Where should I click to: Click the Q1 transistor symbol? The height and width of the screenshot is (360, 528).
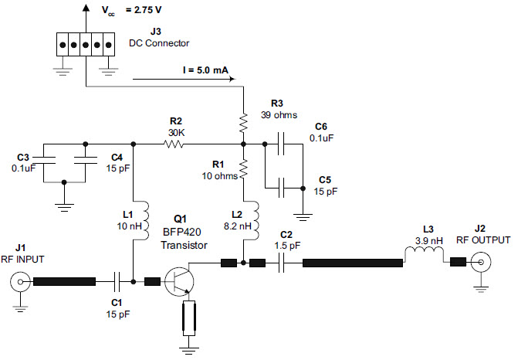(180, 281)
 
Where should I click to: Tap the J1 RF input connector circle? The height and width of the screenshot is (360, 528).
(20, 282)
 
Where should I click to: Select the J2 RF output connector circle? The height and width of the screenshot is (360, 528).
(481, 262)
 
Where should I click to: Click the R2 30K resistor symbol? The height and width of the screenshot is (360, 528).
(174, 144)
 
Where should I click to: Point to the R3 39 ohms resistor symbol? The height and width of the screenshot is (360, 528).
(243, 123)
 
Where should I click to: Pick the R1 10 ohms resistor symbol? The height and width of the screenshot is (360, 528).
(243, 169)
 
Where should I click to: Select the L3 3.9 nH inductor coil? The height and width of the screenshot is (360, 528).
(424, 251)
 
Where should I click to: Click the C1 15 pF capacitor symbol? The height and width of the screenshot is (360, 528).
(117, 281)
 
